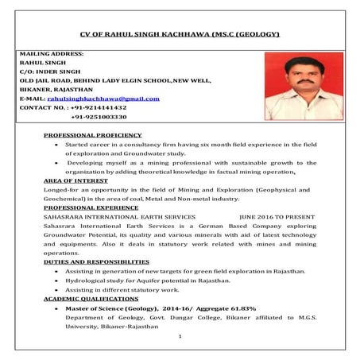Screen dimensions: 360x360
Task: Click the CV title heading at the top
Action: tap(180, 36)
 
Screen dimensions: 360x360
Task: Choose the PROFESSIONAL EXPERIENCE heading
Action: tap(91, 207)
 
